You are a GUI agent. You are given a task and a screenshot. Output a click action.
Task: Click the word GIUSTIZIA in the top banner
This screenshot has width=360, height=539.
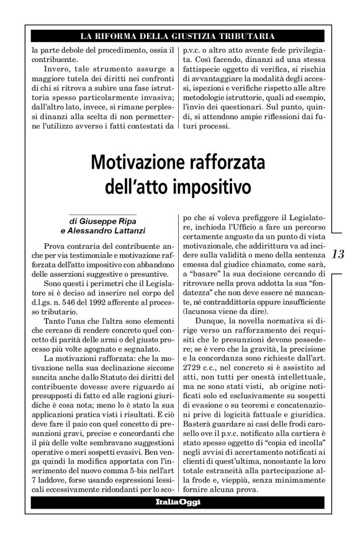pos(186,36)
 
